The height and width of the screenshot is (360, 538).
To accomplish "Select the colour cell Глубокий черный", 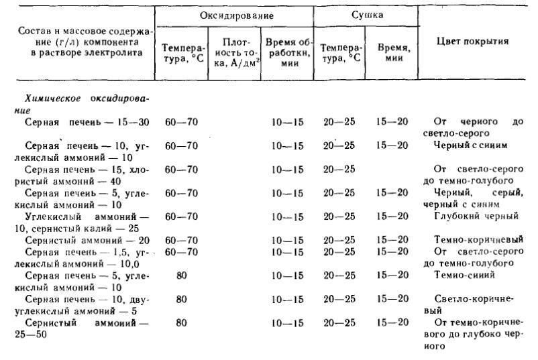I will tap(477, 216).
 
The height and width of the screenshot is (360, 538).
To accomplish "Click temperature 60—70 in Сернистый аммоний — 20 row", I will tap(181, 240).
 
